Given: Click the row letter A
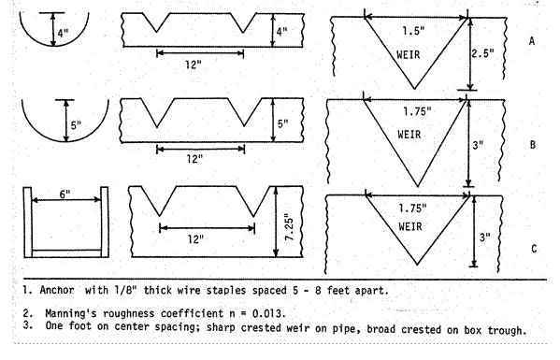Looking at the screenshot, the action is coord(532,41).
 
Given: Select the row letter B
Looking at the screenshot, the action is coord(532,146).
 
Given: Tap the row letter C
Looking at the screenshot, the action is coord(532,249).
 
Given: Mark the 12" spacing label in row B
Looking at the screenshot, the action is coord(194,159).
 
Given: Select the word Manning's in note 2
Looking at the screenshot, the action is coord(77,312).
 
